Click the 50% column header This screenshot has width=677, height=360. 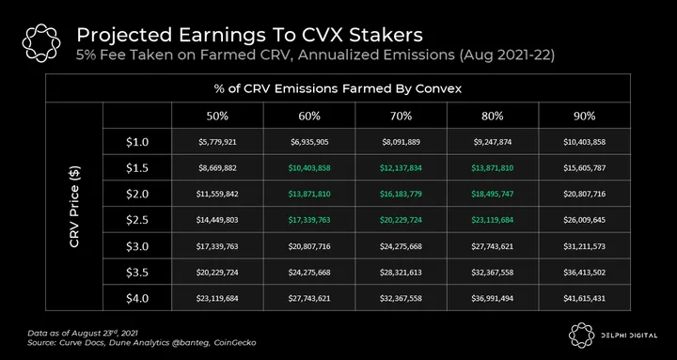[217, 117]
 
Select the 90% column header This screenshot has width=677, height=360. [585, 117]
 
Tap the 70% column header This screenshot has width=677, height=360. [401, 117]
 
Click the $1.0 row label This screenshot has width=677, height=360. [137, 142]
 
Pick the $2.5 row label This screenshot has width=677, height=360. [137, 220]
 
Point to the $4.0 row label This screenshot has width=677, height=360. [137, 298]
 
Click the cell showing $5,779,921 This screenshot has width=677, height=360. [217, 142]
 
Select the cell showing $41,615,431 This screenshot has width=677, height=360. [584, 298]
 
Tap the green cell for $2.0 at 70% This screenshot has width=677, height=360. [401, 194]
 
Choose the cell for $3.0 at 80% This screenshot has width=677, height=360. [493, 246]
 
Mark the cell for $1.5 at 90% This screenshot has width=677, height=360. [584, 168]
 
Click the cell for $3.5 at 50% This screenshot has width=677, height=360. [217, 273]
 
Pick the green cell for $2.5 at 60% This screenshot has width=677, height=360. [309, 220]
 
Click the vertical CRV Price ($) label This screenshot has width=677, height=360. [74, 207]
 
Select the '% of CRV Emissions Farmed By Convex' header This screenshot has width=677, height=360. [338, 88]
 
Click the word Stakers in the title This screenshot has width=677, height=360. [386, 36]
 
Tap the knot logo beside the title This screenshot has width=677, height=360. [41, 43]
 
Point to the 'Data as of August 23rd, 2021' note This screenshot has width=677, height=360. [83, 334]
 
